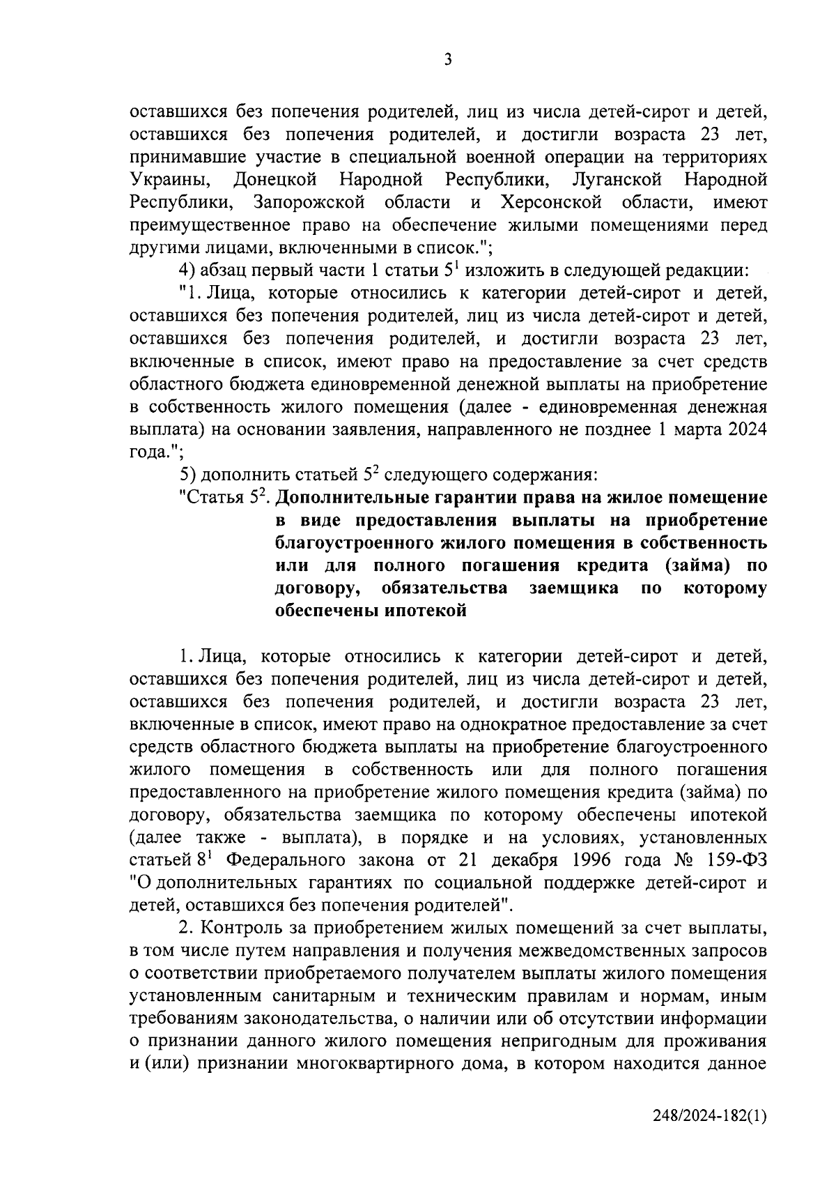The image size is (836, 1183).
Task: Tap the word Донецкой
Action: (275, 180)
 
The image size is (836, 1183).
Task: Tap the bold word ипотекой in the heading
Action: (425, 611)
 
